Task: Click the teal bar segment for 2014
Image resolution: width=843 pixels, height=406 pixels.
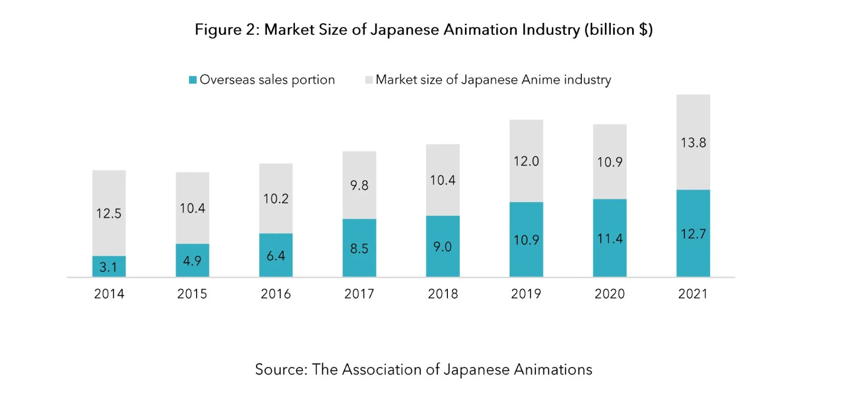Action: pyautogui.click(x=109, y=266)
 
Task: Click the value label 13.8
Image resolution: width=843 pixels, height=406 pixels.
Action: pyautogui.click(x=693, y=143)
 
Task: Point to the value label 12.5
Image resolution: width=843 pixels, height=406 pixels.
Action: pyautogui.click(x=108, y=214)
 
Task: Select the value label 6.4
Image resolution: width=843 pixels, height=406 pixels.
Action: pyautogui.click(x=276, y=256)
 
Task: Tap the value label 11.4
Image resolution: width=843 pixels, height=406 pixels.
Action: pyautogui.click(x=609, y=239)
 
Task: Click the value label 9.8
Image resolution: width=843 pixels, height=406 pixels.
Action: pyautogui.click(x=359, y=185)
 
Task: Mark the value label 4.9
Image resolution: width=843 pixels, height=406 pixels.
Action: pyautogui.click(x=192, y=261)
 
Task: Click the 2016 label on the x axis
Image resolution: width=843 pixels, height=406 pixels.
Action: pyautogui.click(x=276, y=294)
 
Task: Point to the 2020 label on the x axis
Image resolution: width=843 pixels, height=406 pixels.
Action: pyautogui.click(x=609, y=294)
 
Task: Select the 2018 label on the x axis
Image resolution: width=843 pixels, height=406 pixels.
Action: pyautogui.click(x=443, y=294)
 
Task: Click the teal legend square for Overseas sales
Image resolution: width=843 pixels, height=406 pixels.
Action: pyautogui.click(x=193, y=80)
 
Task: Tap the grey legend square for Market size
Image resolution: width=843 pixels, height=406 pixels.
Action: pyautogui.click(x=369, y=80)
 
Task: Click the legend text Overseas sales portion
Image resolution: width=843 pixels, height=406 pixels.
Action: pyautogui.click(x=267, y=80)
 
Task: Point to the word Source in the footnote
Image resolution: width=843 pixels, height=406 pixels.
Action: pyautogui.click(x=281, y=370)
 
